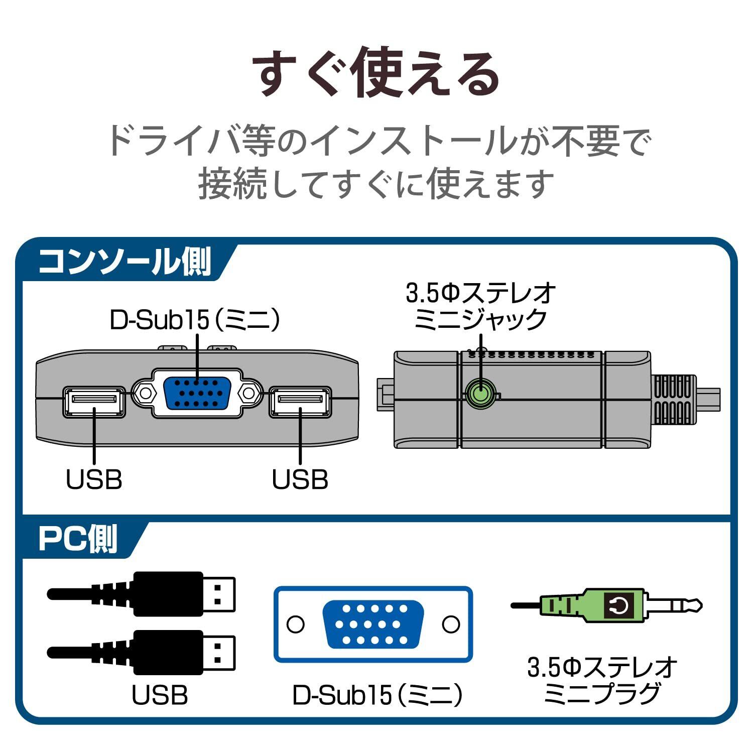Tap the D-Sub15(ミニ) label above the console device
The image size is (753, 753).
pos(194,320)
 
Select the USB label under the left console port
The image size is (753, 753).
pos(94,479)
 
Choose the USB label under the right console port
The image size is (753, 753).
pos(300,479)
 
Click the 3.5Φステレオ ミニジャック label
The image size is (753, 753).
pos(480,306)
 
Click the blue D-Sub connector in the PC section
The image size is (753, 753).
pos(373,624)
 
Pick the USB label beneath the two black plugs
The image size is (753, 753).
pos(160,695)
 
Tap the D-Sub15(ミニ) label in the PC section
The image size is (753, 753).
pos(377,695)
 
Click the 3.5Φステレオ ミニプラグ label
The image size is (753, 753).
pos(602,681)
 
